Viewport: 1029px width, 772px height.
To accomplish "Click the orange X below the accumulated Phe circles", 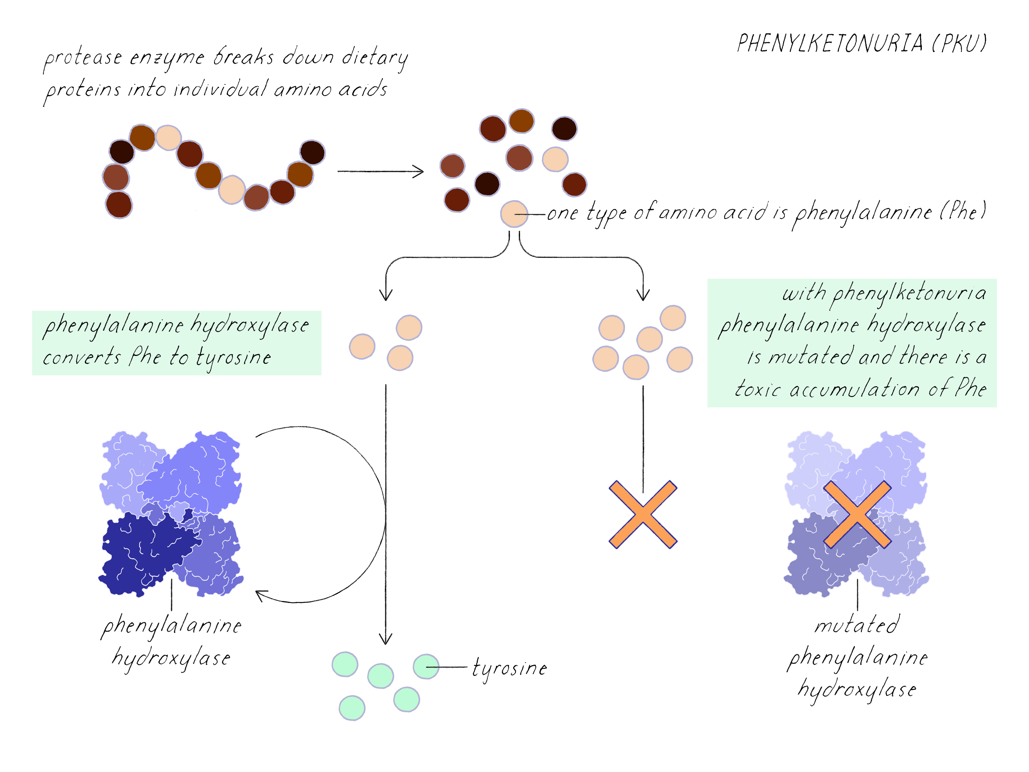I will pos(643,514).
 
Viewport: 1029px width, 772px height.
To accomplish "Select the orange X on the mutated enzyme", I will pos(857,514).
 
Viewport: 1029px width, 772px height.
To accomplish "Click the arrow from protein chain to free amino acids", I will pos(380,171).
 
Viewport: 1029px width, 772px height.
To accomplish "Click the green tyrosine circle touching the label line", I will pos(426,666).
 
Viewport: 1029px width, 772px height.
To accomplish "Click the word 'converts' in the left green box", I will pos(82,357).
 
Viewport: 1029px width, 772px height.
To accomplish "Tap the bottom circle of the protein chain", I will pos(119,205).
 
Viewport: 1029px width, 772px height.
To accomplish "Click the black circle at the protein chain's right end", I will pos(312,152).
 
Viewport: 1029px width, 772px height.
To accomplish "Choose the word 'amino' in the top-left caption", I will pos(302,89).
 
